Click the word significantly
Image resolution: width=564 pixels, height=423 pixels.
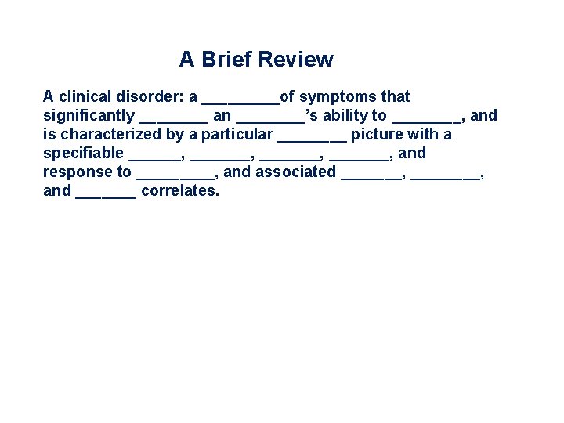89,116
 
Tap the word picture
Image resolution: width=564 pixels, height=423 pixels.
378,135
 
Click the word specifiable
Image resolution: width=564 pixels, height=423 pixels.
83,154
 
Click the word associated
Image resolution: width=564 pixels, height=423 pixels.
295,172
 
